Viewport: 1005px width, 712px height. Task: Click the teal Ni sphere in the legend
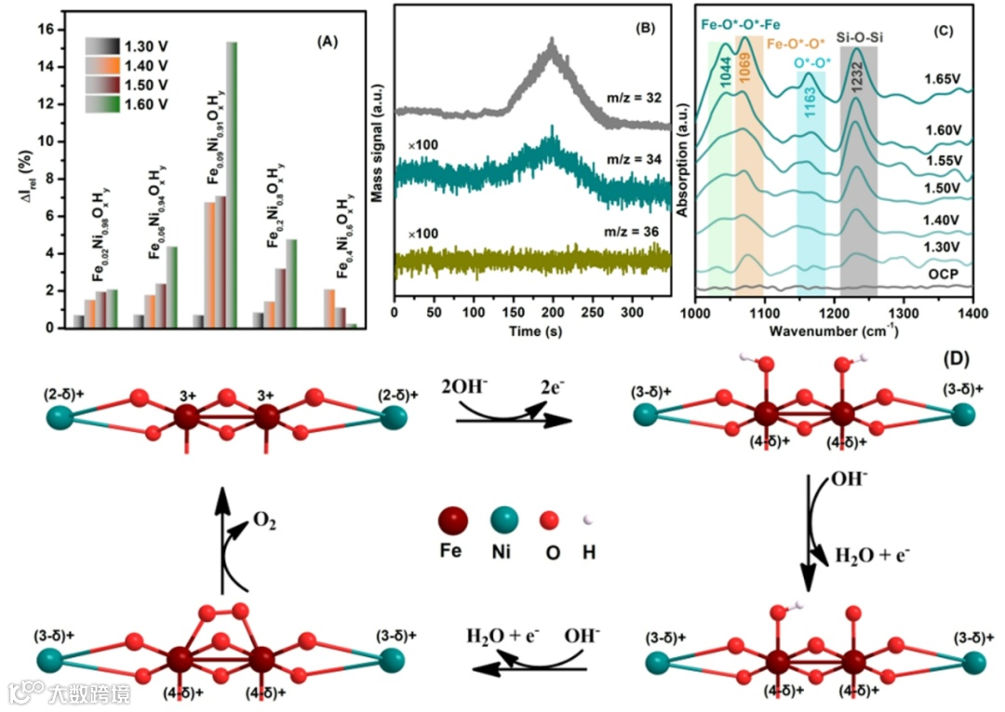[503, 519]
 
